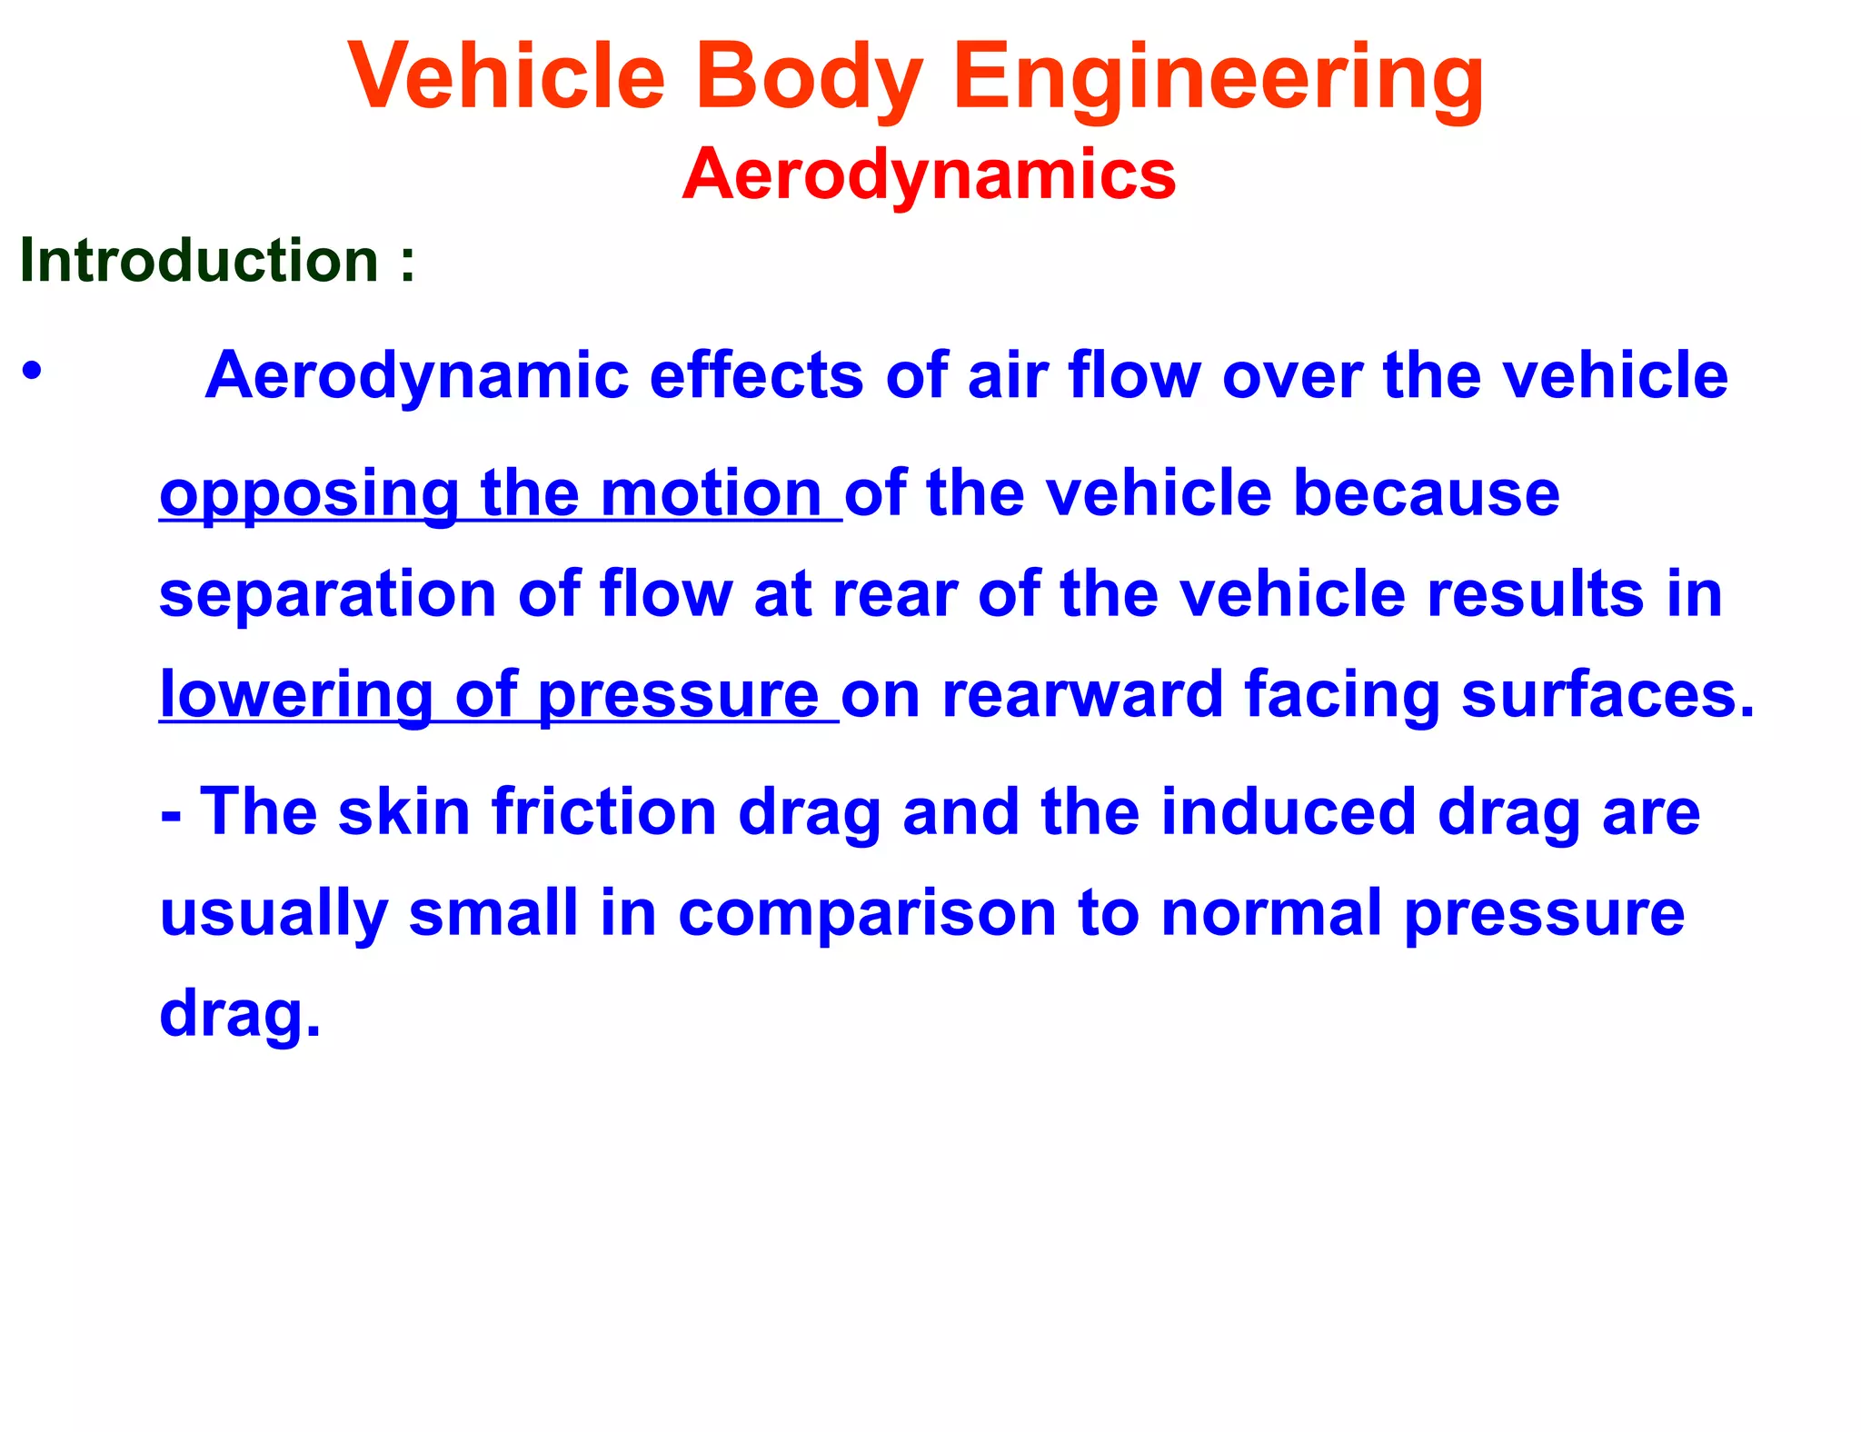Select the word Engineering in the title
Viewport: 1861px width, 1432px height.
[x=1218, y=77]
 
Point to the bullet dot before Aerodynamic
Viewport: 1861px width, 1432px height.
[x=33, y=372]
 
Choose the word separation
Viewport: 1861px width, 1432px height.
[x=327, y=595]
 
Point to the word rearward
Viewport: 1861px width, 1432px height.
[x=1082, y=696]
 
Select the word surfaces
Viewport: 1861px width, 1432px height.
[x=1607, y=696]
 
